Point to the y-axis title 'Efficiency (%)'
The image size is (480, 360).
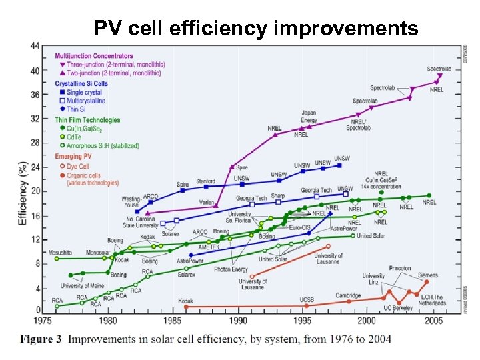pos(23,193)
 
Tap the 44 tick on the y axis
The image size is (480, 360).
pos(34,46)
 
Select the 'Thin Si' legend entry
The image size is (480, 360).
pos(75,109)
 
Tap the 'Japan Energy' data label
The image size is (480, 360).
pos(309,116)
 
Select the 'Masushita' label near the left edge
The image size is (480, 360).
pos(60,253)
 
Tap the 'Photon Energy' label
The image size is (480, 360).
pos(231,270)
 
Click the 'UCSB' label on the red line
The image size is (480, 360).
pos(307,299)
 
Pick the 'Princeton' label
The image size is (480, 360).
pos(400,268)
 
